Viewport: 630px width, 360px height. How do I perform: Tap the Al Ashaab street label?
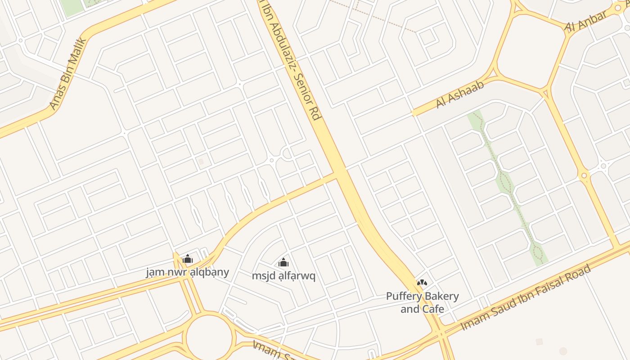tap(459, 95)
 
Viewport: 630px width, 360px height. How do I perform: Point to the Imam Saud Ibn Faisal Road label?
tap(526, 298)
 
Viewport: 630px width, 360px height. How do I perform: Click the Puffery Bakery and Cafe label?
tap(422, 302)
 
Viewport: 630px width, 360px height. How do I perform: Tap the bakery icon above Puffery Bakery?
tap(422, 283)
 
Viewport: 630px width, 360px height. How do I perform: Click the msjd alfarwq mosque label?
tap(283, 276)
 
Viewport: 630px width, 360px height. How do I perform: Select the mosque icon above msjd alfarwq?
tap(283, 262)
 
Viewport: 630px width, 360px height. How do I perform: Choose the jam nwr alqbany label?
tap(188, 272)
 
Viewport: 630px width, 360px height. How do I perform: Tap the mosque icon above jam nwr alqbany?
tap(188, 259)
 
